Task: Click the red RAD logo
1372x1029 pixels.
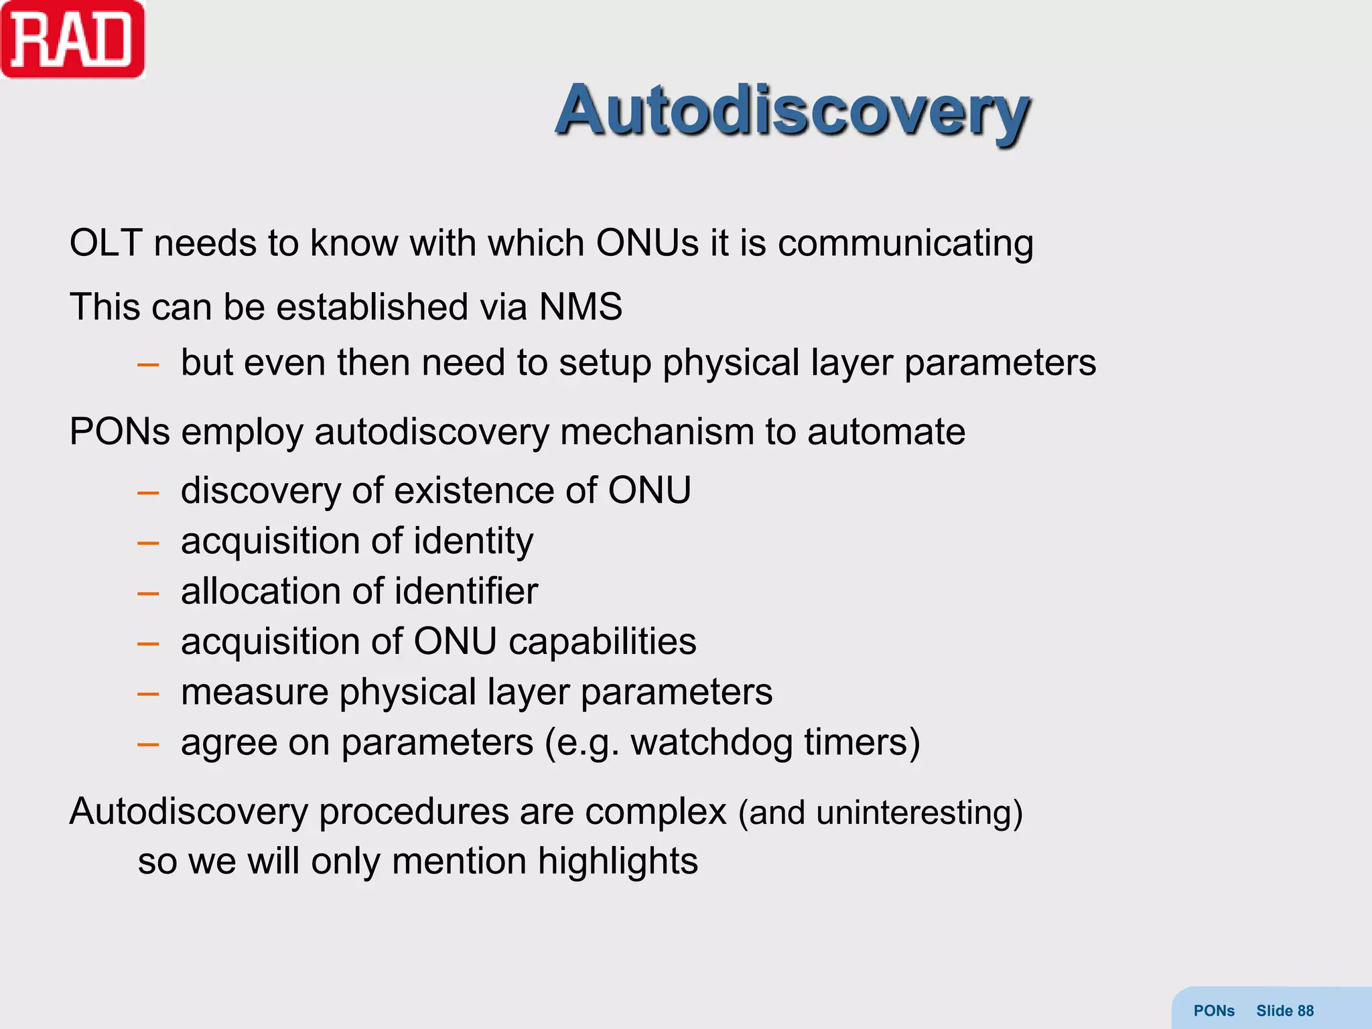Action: click(x=72, y=40)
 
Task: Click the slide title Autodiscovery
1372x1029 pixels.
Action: click(x=793, y=111)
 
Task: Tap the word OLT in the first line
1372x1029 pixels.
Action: click(x=106, y=243)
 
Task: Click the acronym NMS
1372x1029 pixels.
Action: click(x=580, y=307)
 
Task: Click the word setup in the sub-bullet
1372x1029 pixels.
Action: click(x=605, y=364)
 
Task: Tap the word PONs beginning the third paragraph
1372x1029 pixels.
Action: click(x=120, y=431)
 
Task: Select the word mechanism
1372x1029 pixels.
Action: click(x=657, y=431)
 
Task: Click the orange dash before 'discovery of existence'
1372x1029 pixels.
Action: click(x=148, y=493)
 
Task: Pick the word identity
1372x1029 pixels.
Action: click(x=473, y=541)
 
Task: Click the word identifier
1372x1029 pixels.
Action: click(x=466, y=591)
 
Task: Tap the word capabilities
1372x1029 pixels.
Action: click(x=602, y=642)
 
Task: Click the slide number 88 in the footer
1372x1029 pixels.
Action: click(x=1304, y=1011)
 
